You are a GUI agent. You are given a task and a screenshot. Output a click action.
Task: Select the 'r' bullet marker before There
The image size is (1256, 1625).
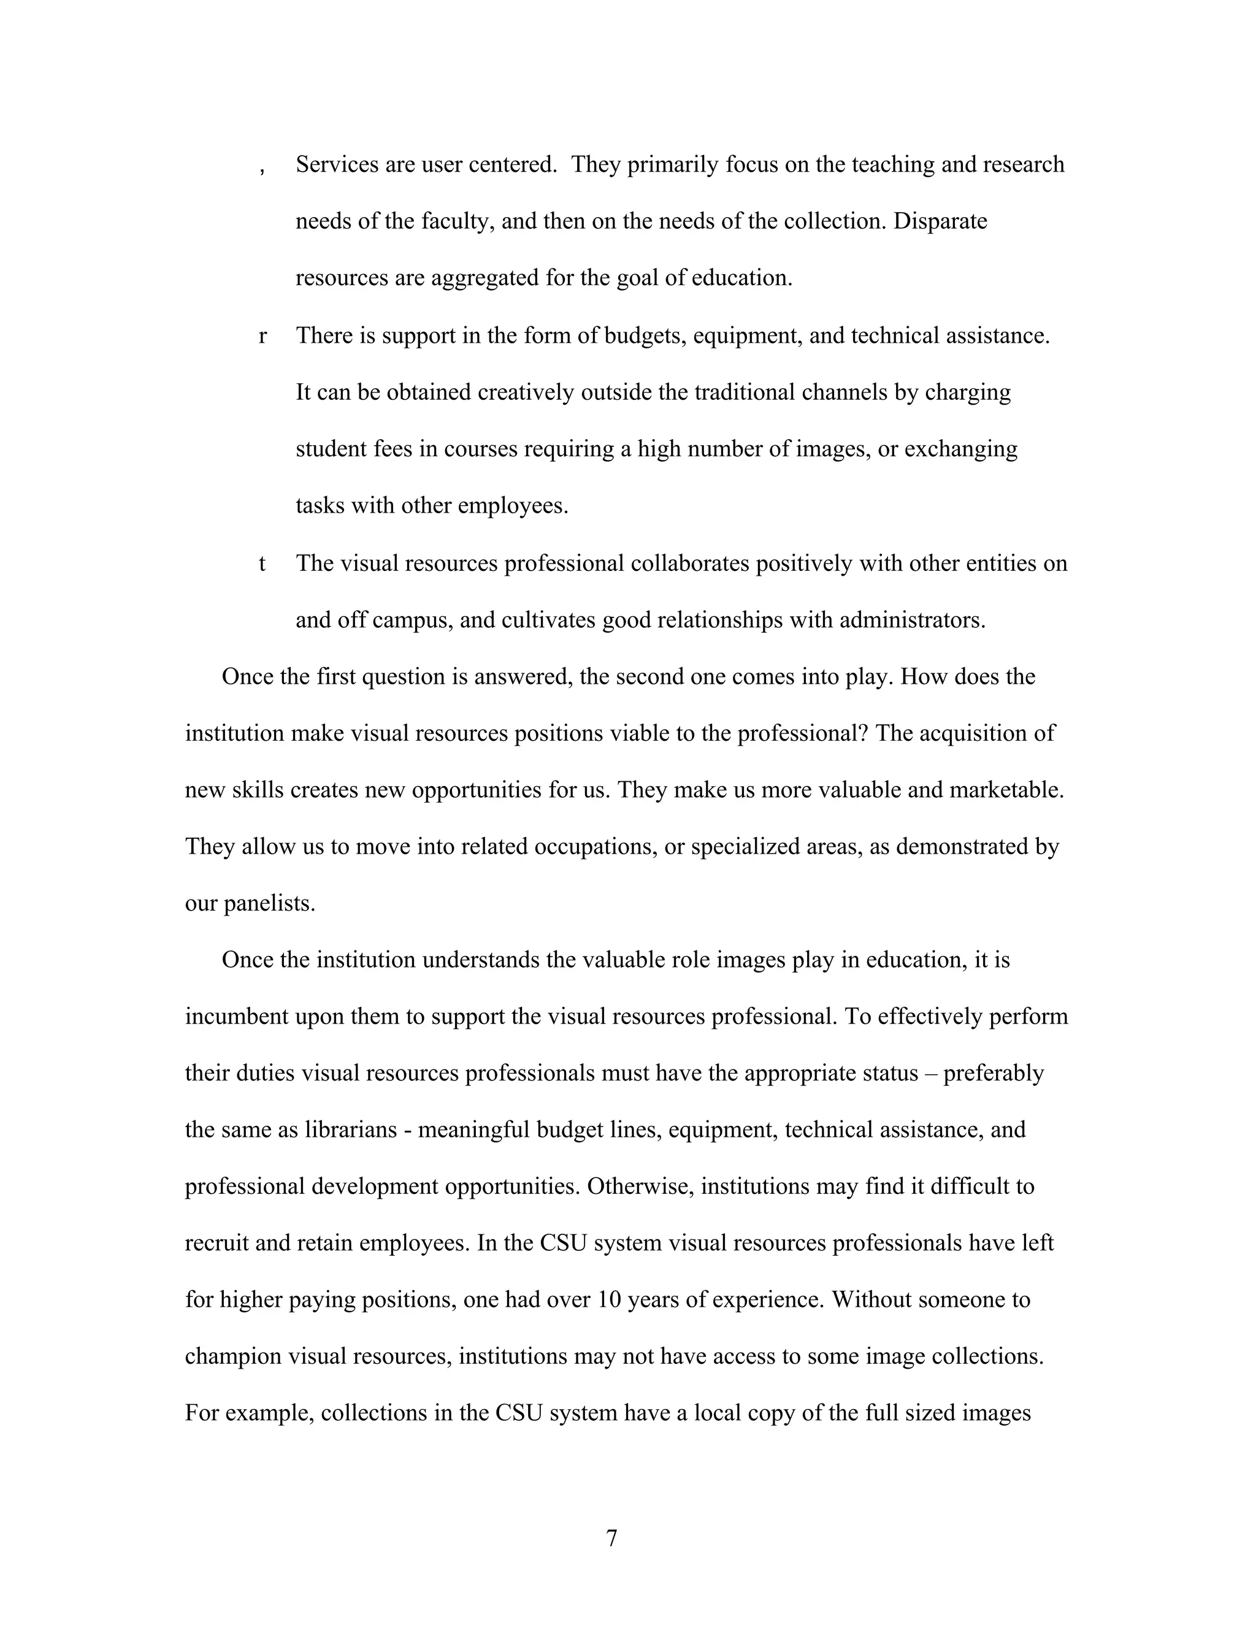coord(262,336)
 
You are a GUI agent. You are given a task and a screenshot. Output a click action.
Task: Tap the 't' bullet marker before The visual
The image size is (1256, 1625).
coord(262,564)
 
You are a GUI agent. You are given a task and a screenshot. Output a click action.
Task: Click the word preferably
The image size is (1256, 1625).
coord(994,1073)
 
